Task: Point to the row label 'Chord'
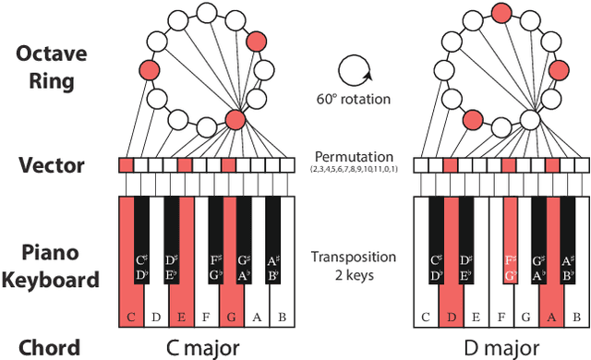[46, 347]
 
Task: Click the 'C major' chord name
[205, 347]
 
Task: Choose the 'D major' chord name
[501, 347]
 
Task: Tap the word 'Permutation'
[353, 158]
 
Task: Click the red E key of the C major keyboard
[180, 305]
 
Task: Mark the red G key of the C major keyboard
[231, 305]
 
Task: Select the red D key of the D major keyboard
[450, 305]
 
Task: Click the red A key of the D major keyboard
[553, 305]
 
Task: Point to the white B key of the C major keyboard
[283, 305]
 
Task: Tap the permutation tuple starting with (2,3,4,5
[353, 171]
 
